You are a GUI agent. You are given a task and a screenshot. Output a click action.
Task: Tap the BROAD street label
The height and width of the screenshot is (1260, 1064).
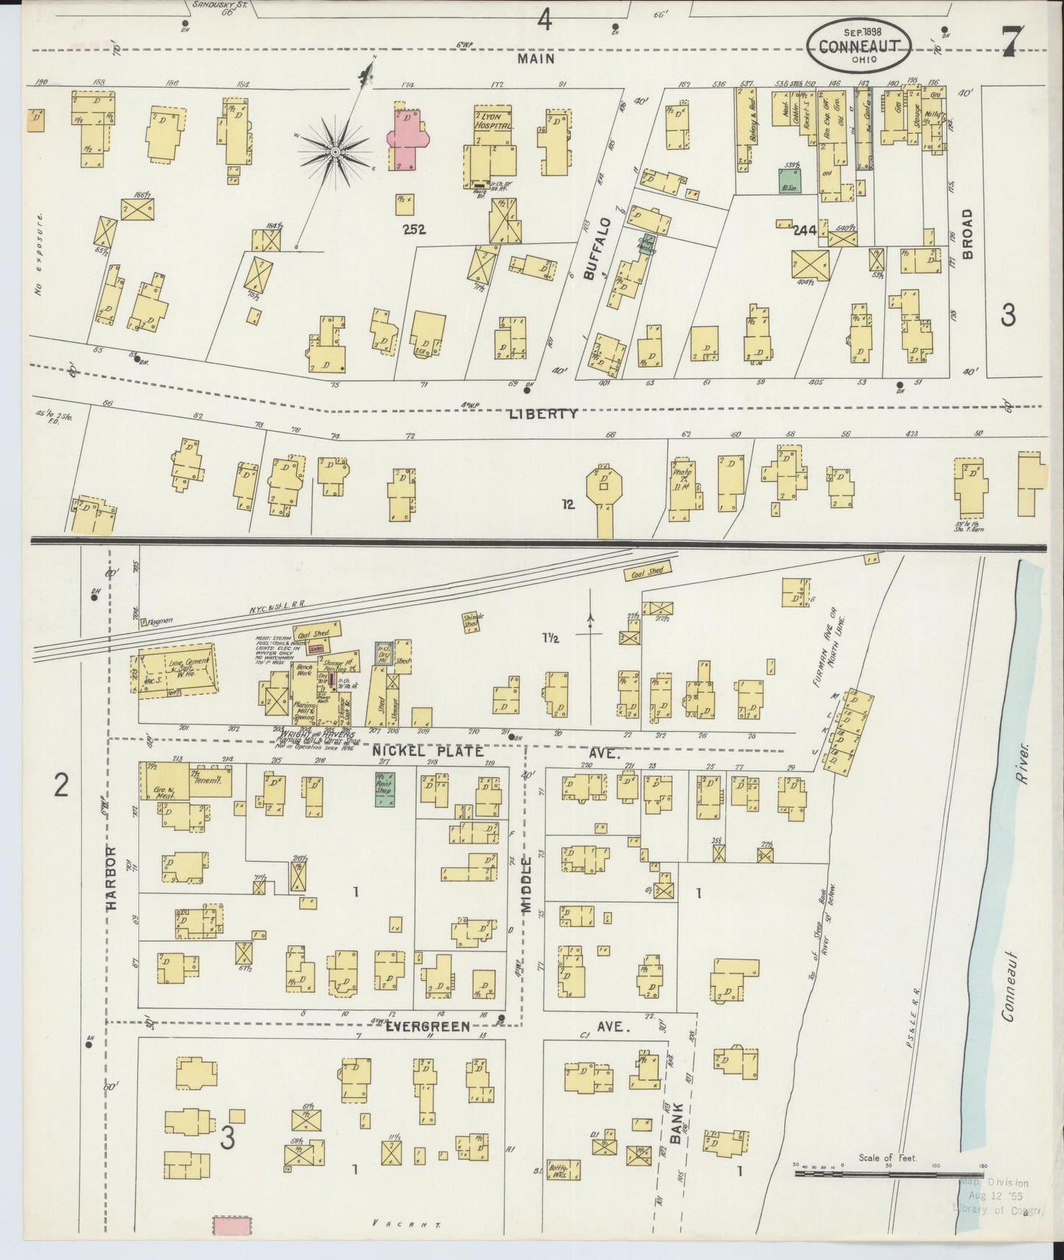[x=968, y=233]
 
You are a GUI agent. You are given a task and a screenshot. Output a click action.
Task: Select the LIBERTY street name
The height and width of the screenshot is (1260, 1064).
[x=543, y=414]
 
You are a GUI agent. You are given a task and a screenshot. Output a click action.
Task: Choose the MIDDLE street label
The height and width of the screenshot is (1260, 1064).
[x=526, y=885]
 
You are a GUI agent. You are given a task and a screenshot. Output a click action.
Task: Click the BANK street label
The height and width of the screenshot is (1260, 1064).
[x=676, y=1121]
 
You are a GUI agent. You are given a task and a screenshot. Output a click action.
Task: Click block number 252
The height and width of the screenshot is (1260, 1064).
[x=415, y=230]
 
